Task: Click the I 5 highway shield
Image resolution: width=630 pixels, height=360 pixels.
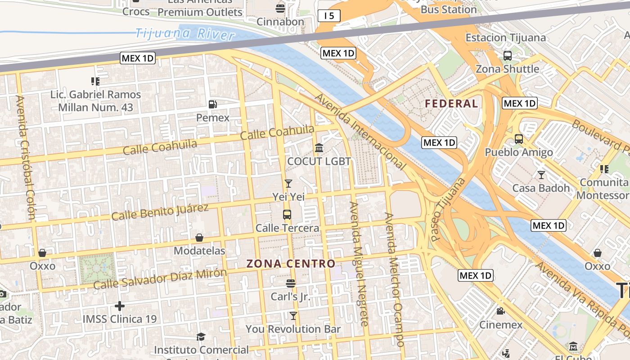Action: (x=329, y=16)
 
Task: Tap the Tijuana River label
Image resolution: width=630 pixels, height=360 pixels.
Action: (x=185, y=34)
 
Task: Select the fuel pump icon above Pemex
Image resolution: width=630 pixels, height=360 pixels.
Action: (x=213, y=104)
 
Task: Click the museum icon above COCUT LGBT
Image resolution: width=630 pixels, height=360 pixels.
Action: (x=319, y=148)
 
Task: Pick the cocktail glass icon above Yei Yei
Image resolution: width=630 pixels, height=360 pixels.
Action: (x=288, y=183)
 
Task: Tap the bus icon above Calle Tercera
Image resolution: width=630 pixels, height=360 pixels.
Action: (x=287, y=214)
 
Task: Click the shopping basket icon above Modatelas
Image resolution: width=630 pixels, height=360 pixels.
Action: (x=199, y=237)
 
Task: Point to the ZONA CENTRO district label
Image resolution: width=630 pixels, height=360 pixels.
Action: (x=291, y=264)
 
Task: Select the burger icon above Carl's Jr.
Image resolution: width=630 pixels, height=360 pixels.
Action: (x=291, y=283)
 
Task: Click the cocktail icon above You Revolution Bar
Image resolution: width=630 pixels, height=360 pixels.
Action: (x=293, y=315)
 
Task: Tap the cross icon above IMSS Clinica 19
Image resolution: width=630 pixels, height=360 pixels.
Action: (x=119, y=306)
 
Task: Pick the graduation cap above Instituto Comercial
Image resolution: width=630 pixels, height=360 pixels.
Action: (x=201, y=337)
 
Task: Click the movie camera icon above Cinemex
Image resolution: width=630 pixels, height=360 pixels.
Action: (x=500, y=311)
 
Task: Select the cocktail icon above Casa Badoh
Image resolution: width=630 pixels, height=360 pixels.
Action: (x=541, y=175)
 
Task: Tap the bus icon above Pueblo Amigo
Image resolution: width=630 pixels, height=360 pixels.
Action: (x=519, y=139)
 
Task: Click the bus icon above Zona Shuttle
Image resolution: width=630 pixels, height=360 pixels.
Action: (x=508, y=56)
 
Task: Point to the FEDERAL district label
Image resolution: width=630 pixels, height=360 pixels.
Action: (x=451, y=103)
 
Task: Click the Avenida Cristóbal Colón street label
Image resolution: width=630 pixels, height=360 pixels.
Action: (x=25, y=157)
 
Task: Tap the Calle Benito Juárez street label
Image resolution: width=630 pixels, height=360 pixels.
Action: (x=160, y=212)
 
